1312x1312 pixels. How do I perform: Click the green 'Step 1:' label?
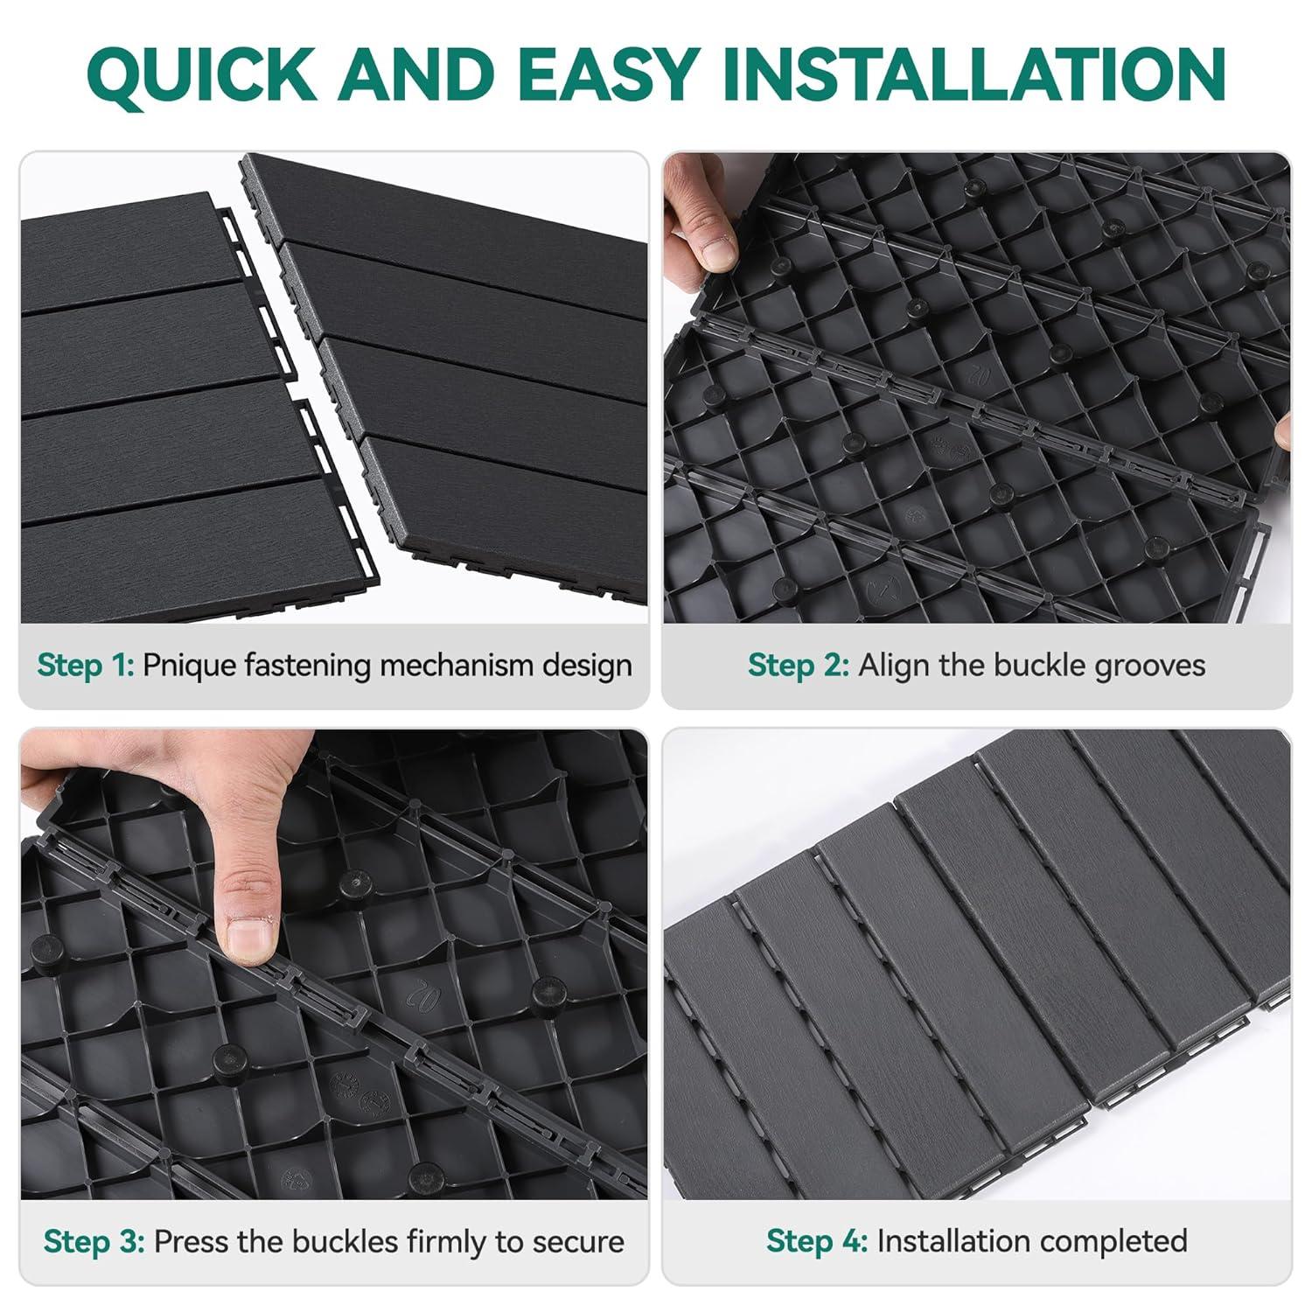[86, 666]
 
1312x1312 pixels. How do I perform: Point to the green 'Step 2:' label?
[799, 666]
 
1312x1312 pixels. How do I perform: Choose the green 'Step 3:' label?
[94, 1242]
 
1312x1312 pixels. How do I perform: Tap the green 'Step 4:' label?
[817, 1241]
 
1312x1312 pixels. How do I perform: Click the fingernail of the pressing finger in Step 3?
[251, 939]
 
